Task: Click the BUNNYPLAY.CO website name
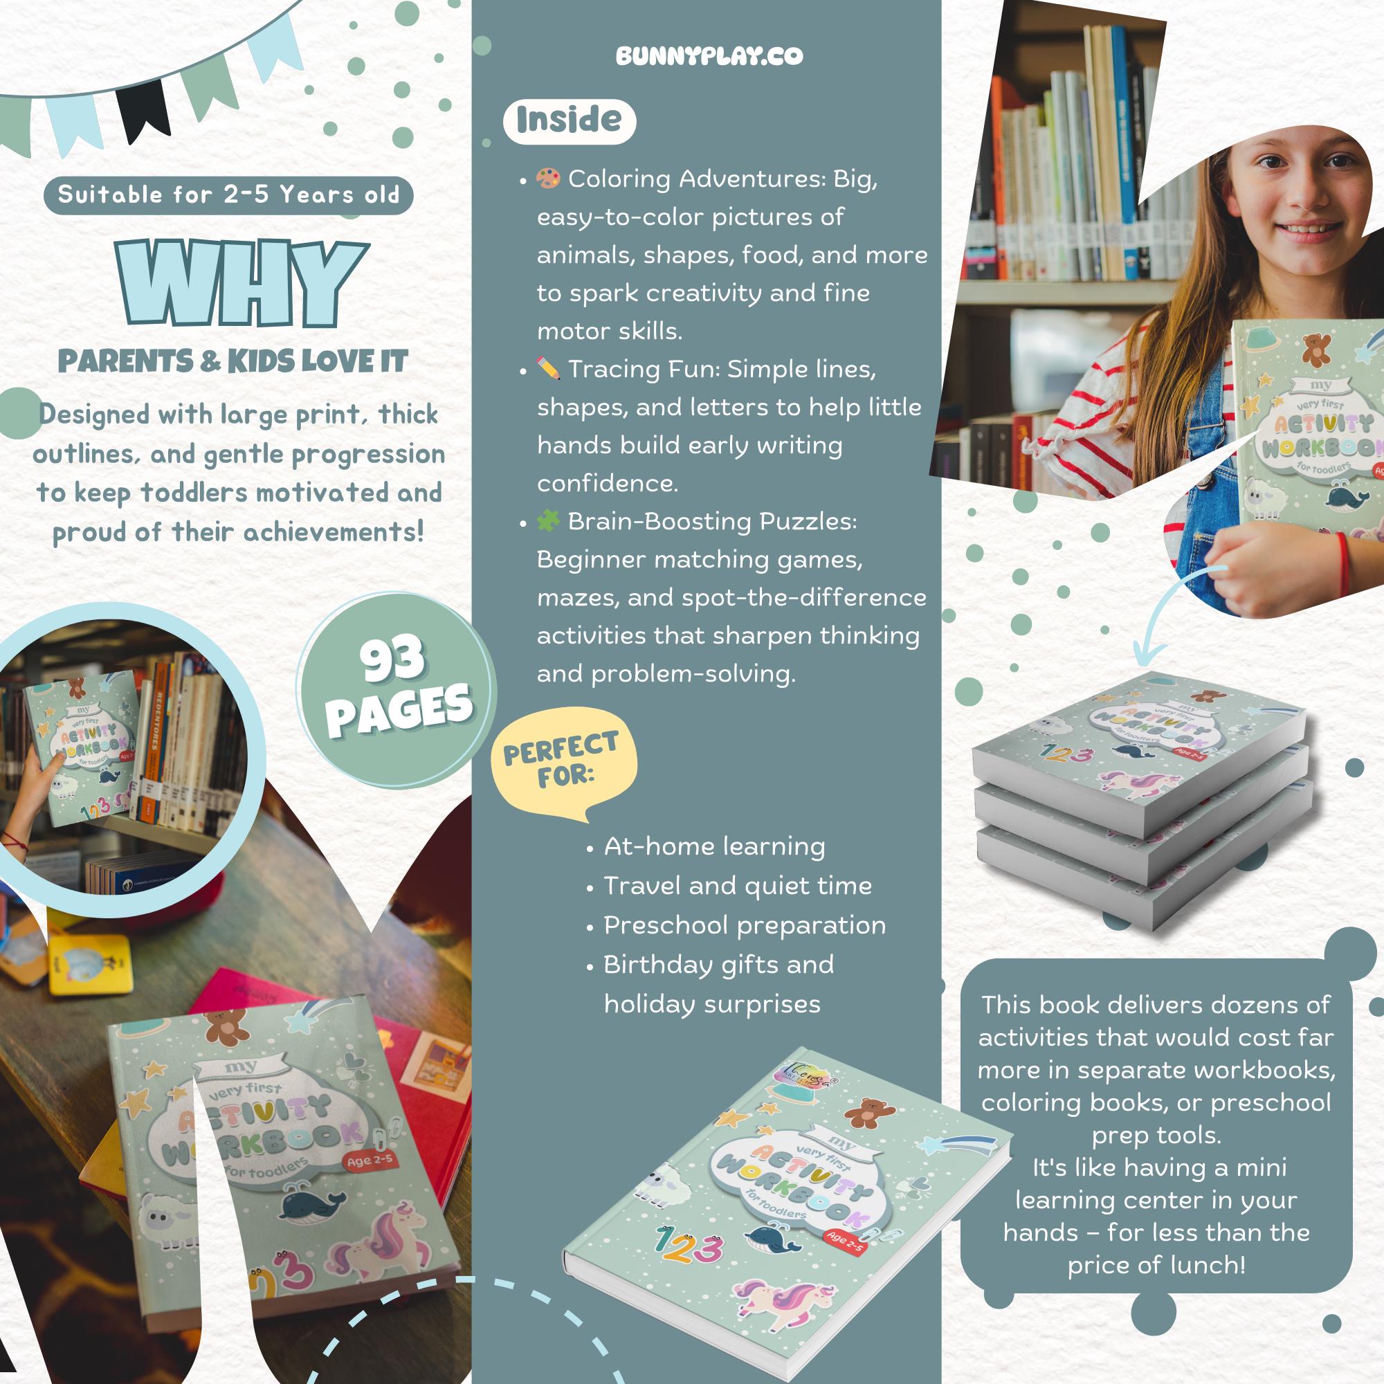(709, 56)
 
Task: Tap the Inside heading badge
(570, 120)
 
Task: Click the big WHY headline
(242, 284)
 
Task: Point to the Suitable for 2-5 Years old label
(228, 195)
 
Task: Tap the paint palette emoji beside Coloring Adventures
(548, 179)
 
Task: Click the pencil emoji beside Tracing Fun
(548, 369)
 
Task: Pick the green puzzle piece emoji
(548, 522)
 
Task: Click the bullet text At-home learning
(714, 847)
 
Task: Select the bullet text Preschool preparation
(745, 925)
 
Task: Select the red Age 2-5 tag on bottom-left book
(370, 1160)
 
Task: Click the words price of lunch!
(1156, 1265)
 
